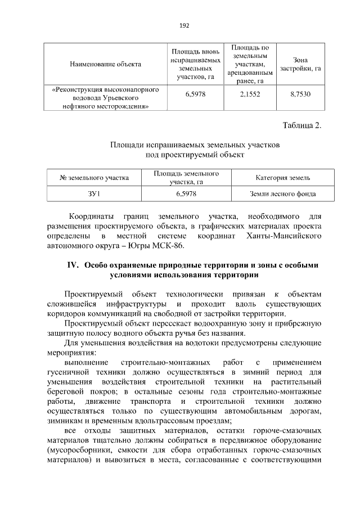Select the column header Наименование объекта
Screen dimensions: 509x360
coord(105,64)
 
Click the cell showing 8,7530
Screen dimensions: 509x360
coord(300,94)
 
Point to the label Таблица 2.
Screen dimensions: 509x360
coord(301,125)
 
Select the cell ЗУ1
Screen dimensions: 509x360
coord(94,193)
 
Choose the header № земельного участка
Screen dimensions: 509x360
coord(94,178)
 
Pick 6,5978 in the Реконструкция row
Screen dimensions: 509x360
coord(195,94)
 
